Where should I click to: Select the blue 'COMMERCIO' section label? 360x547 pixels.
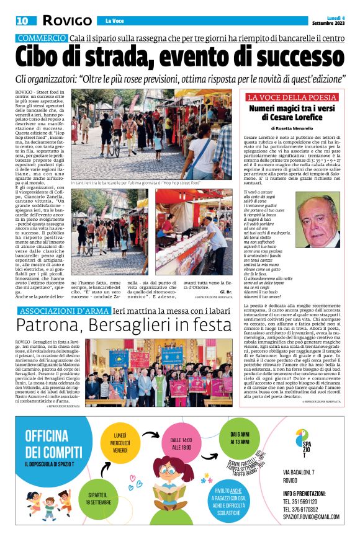[x=42, y=38]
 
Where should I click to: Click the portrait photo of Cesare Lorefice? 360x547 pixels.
[x=319, y=220]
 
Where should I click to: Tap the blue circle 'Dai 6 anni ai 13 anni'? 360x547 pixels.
[x=238, y=442]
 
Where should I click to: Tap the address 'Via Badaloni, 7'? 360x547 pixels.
[x=299, y=473]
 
